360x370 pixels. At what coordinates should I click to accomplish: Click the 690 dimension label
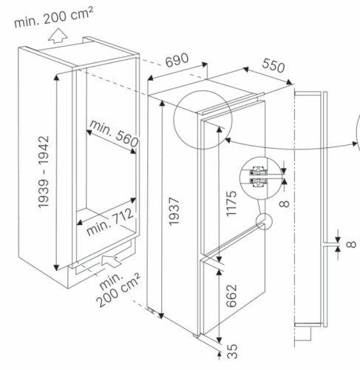pyautogui.click(x=177, y=60)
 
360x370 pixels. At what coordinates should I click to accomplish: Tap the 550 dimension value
pyautogui.click(x=274, y=65)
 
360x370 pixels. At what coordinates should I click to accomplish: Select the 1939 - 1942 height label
pyautogui.click(x=44, y=172)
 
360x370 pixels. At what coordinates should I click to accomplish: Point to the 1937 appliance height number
pyautogui.click(x=174, y=211)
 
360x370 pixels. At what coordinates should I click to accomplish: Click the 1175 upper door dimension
pyautogui.click(x=231, y=203)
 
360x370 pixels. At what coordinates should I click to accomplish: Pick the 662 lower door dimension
pyautogui.click(x=231, y=296)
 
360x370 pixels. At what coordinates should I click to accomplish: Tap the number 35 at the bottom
pyautogui.click(x=232, y=351)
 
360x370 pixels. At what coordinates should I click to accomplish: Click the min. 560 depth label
pyautogui.click(x=114, y=133)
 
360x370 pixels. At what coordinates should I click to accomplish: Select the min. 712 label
pyautogui.click(x=111, y=222)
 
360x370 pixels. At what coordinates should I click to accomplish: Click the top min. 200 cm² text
pyautogui.click(x=54, y=17)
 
